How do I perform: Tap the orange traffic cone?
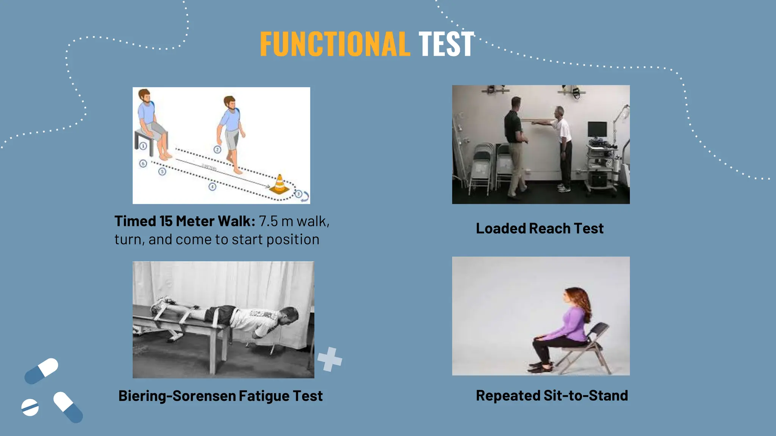click(x=280, y=184)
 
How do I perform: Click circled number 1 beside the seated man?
click(x=143, y=146)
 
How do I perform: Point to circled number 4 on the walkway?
click(x=212, y=187)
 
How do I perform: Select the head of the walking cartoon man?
click(x=229, y=103)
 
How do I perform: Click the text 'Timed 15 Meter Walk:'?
click(x=185, y=221)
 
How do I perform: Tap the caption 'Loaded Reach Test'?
click(x=540, y=229)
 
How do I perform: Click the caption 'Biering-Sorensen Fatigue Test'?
click(x=221, y=396)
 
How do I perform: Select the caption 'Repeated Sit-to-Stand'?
click(x=552, y=396)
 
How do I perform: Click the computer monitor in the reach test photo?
click(x=597, y=129)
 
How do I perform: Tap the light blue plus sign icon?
click(x=330, y=359)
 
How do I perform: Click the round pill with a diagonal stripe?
click(x=30, y=407)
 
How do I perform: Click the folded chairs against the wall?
click(x=481, y=167)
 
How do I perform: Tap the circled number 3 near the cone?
click(x=299, y=194)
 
